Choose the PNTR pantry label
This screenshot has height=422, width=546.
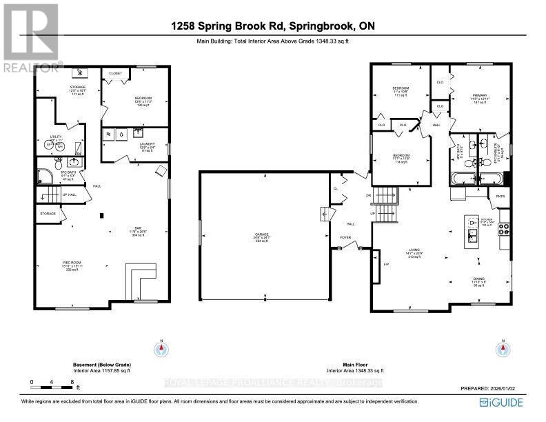(501, 197)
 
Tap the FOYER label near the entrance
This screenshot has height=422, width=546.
(345, 238)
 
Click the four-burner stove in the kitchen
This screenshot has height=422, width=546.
(503, 226)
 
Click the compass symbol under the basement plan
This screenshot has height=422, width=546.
(161, 348)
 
